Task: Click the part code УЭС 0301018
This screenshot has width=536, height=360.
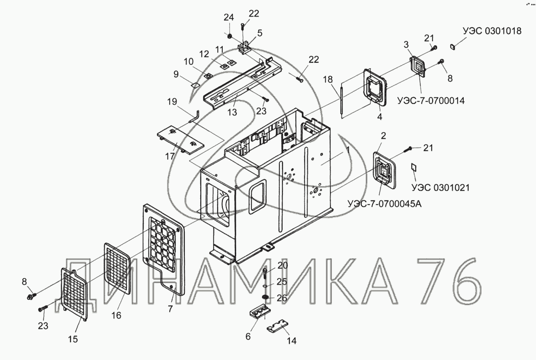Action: (x=492, y=31)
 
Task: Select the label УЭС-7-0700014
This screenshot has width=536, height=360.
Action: (x=430, y=101)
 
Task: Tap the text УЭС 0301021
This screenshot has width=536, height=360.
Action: (x=440, y=188)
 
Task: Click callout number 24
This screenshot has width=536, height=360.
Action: (x=228, y=17)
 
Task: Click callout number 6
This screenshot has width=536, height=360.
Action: (x=248, y=336)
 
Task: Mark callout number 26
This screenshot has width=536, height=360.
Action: (x=282, y=298)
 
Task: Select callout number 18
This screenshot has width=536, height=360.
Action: (x=327, y=79)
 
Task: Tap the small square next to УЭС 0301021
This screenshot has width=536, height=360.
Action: (x=413, y=167)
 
